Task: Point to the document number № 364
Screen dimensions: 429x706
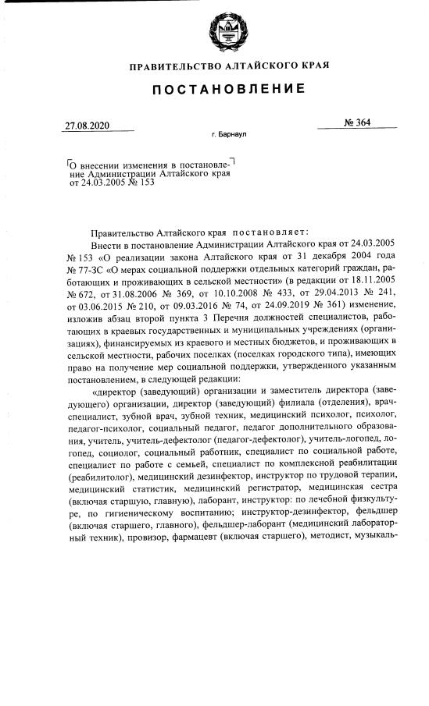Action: (356, 122)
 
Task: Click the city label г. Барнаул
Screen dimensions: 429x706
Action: (229, 135)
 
